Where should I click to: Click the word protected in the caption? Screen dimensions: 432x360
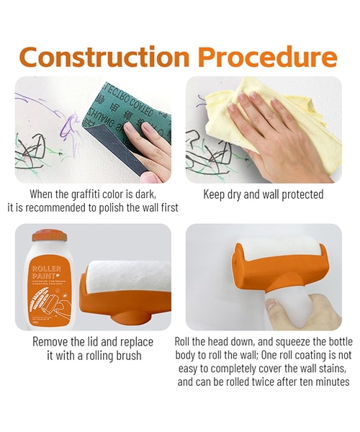tap(297, 194)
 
